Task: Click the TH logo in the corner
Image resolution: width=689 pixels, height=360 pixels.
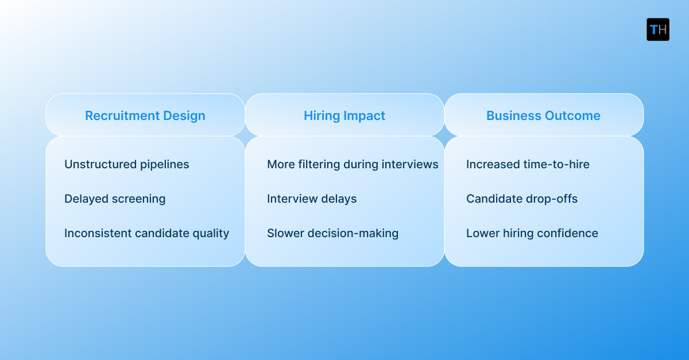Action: (658, 29)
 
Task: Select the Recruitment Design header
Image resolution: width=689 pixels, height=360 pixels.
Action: (145, 115)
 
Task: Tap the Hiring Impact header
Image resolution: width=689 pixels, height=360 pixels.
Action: (344, 115)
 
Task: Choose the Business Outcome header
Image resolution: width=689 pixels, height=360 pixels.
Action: (543, 115)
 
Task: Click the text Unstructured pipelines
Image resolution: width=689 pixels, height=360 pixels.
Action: (126, 164)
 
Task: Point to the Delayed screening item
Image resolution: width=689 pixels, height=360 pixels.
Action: (115, 199)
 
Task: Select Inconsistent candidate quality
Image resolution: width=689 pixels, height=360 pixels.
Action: (146, 233)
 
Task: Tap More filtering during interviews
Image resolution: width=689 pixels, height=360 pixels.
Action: (353, 164)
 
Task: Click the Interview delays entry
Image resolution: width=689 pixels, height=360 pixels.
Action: (312, 199)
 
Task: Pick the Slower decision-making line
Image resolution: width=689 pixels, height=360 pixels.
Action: (332, 233)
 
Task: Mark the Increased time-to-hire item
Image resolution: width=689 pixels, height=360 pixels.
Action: (528, 164)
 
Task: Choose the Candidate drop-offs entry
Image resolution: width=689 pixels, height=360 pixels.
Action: (522, 199)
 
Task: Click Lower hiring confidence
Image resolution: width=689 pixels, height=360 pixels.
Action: (532, 233)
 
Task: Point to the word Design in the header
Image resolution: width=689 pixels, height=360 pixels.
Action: (184, 115)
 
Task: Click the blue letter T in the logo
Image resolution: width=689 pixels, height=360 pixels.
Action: (653, 30)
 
